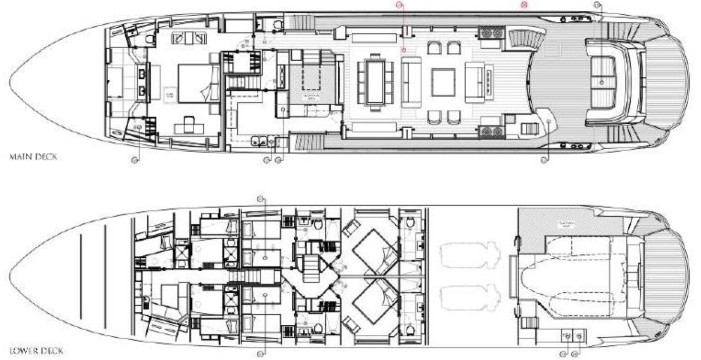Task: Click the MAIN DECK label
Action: click(x=34, y=157)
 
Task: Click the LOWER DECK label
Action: click(x=36, y=351)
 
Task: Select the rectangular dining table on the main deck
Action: click(x=375, y=82)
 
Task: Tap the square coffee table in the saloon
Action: click(x=443, y=82)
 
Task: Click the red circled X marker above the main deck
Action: click(x=523, y=5)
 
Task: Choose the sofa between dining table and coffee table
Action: click(x=411, y=82)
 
